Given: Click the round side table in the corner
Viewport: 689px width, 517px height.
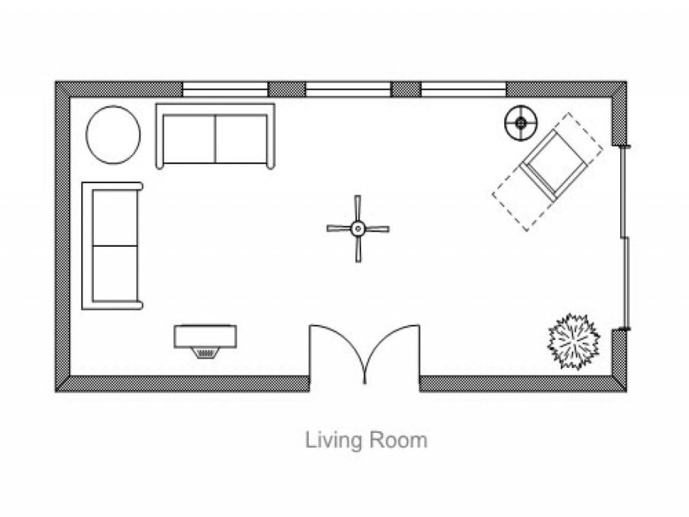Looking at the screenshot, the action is (x=114, y=135).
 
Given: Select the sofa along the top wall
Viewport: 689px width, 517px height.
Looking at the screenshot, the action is (x=215, y=136).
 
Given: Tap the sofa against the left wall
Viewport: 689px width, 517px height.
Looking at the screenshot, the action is (x=113, y=246).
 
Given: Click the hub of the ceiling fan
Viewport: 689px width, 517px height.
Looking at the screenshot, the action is (x=357, y=229).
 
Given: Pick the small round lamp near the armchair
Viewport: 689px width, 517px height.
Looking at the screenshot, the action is (x=521, y=123).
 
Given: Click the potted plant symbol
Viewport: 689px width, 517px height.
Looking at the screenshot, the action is (x=574, y=341).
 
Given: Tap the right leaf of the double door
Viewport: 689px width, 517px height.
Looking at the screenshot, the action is (x=392, y=351).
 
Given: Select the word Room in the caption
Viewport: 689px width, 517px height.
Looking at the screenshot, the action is (x=398, y=440).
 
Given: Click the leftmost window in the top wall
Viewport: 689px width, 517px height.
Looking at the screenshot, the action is (x=225, y=89).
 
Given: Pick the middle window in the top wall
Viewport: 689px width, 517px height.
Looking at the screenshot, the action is (x=348, y=89).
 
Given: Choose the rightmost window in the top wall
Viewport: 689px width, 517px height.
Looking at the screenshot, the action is (x=463, y=89).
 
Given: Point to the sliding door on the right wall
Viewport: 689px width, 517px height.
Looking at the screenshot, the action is (x=625, y=237).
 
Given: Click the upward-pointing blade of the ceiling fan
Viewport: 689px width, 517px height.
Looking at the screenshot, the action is (x=357, y=209).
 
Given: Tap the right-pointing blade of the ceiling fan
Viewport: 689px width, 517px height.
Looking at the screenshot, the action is (x=377, y=229).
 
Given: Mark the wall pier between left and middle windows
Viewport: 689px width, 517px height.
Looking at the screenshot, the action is (x=286, y=89).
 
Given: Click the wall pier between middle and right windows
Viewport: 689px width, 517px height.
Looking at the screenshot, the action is (x=406, y=89).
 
